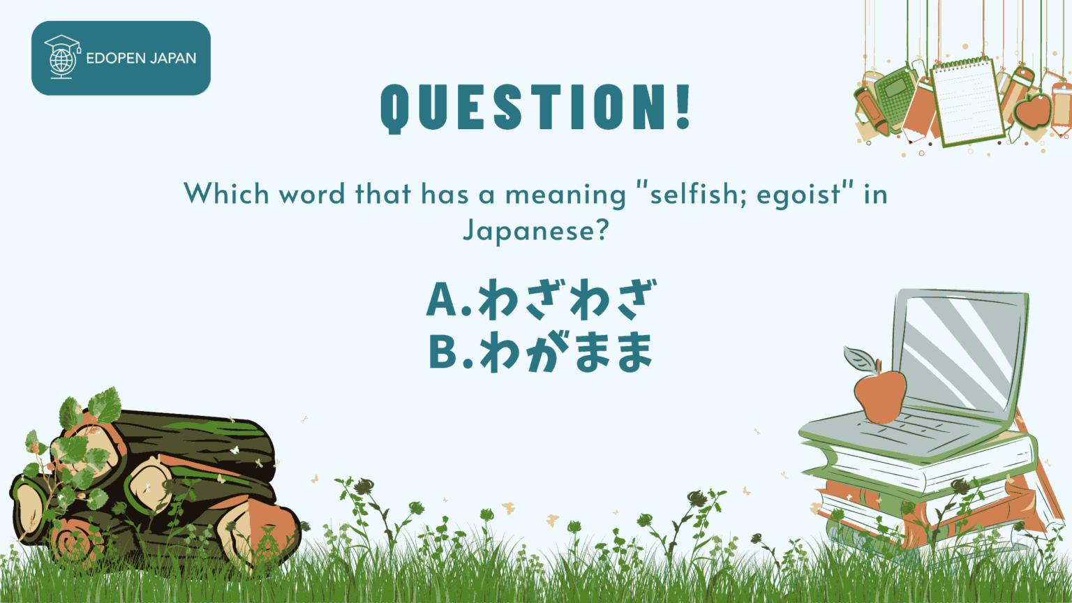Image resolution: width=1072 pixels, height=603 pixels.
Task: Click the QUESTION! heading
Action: coord(535,107)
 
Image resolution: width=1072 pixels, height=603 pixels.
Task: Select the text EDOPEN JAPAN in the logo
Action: coord(141,58)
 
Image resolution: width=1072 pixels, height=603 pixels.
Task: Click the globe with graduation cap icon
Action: coord(61,57)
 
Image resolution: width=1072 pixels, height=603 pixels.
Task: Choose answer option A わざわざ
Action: coord(541,299)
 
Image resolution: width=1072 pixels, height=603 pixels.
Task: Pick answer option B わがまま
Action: coord(541,351)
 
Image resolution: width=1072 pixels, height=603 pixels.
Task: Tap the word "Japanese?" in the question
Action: coord(536,230)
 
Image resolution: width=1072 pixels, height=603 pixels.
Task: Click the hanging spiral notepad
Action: coord(967,102)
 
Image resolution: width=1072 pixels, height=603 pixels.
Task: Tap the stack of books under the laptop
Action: coord(928,489)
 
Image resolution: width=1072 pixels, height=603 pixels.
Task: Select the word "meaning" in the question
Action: coord(565,194)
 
